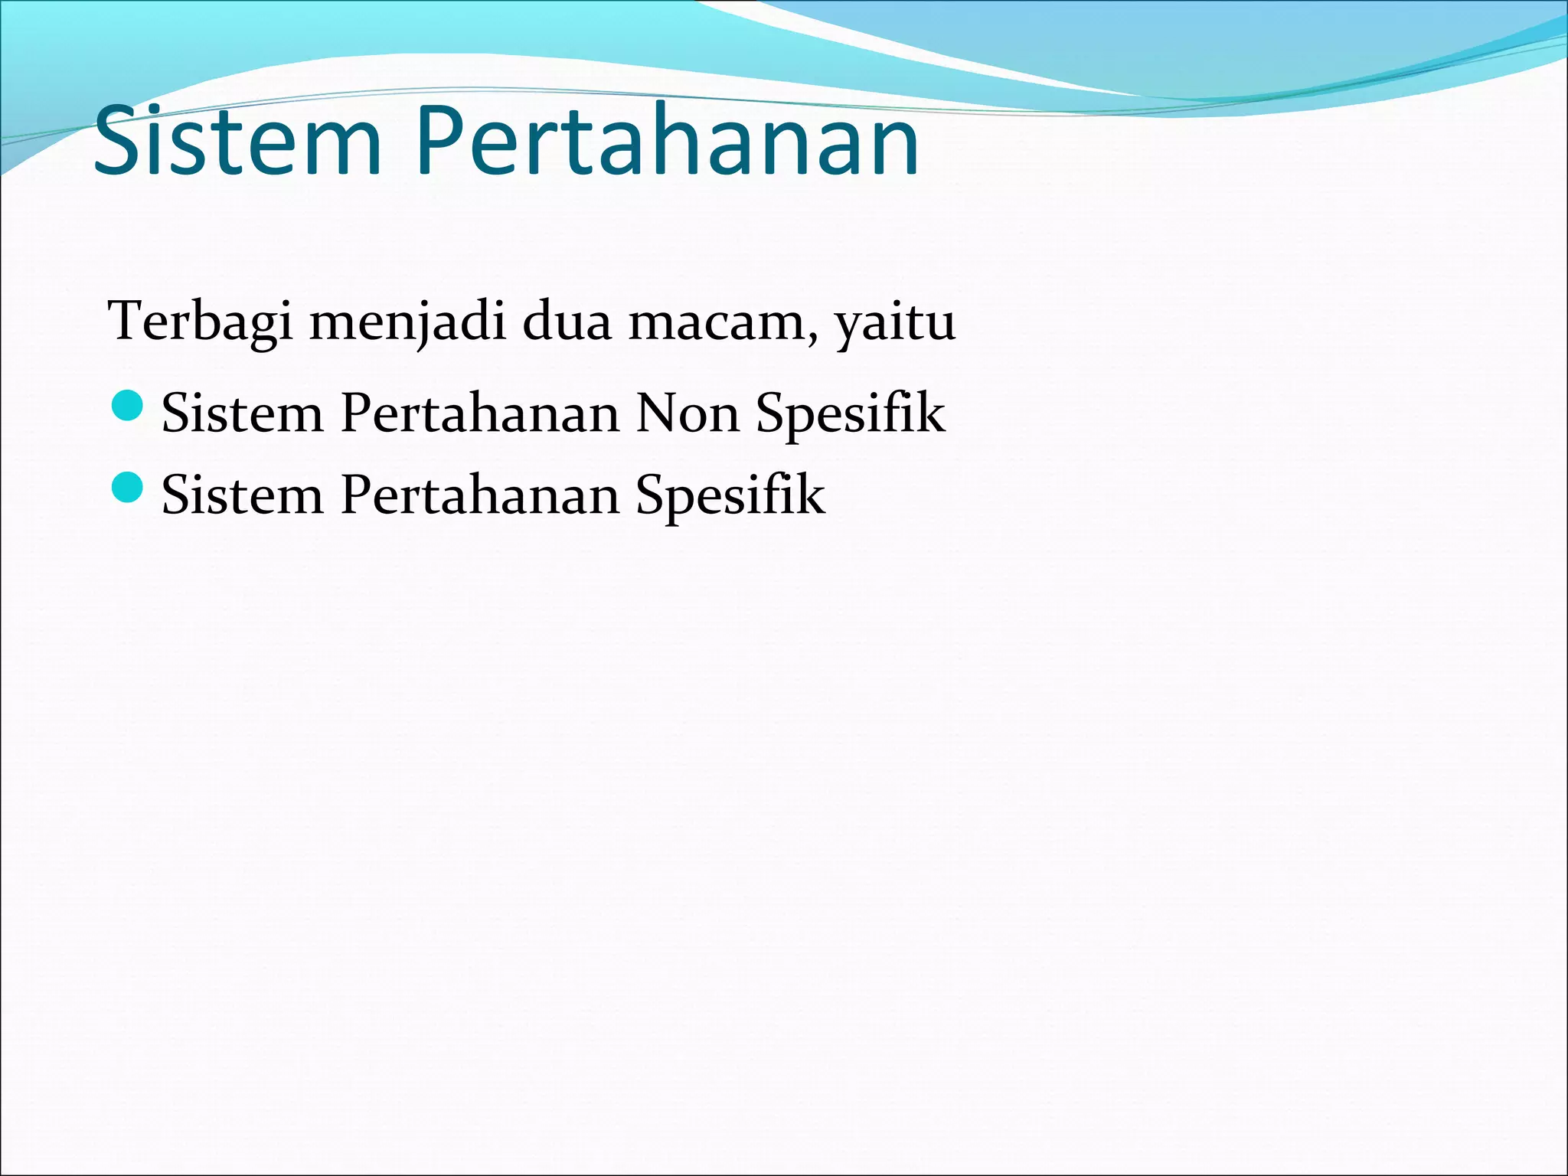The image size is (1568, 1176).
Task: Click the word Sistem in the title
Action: [x=237, y=142]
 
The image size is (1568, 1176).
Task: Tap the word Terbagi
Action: [x=201, y=322]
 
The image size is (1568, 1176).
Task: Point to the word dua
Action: [x=567, y=322]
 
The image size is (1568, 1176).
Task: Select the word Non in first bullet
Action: [x=687, y=413]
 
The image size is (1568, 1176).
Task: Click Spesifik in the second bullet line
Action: [x=730, y=496]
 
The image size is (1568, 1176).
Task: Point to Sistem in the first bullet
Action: [x=243, y=413]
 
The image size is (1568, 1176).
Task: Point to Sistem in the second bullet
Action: [x=243, y=495]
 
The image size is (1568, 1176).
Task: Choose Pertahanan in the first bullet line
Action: [x=480, y=413]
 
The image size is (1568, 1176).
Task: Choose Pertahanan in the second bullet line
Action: [x=480, y=495]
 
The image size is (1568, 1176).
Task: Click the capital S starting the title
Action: [x=119, y=142]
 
